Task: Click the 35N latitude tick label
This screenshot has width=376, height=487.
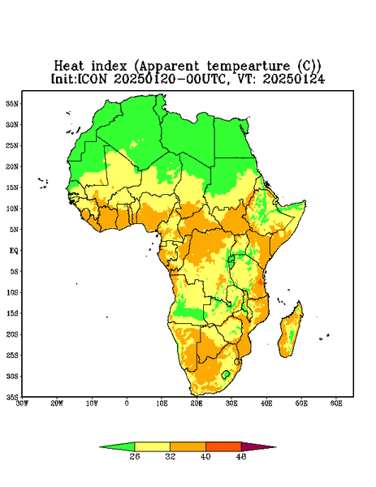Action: (12, 104)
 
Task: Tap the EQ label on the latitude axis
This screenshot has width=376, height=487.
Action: (14, 251)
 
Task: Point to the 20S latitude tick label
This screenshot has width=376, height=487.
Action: (12, 334)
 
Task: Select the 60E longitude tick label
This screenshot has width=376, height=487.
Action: (336, 403)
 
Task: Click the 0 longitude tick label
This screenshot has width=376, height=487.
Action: (127, 403)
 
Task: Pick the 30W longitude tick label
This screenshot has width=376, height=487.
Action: (22, 403)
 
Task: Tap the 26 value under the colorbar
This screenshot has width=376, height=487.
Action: (135, 456)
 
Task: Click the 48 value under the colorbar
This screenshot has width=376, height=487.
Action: (241, 456)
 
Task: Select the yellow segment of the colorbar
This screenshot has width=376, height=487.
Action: (152, 447)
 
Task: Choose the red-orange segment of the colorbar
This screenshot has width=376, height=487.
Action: (223, 447)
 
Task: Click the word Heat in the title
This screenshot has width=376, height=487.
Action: (69, 67)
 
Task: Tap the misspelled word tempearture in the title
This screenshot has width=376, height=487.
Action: (249, 67)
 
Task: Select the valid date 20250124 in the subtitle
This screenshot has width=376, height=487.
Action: (294, 79)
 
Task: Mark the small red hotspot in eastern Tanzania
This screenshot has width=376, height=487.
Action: (260, 282)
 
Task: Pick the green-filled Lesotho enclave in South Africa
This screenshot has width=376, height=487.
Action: (226, 374)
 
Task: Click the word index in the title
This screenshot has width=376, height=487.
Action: (109, 67)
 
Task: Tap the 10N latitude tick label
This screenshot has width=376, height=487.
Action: (12, 209)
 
